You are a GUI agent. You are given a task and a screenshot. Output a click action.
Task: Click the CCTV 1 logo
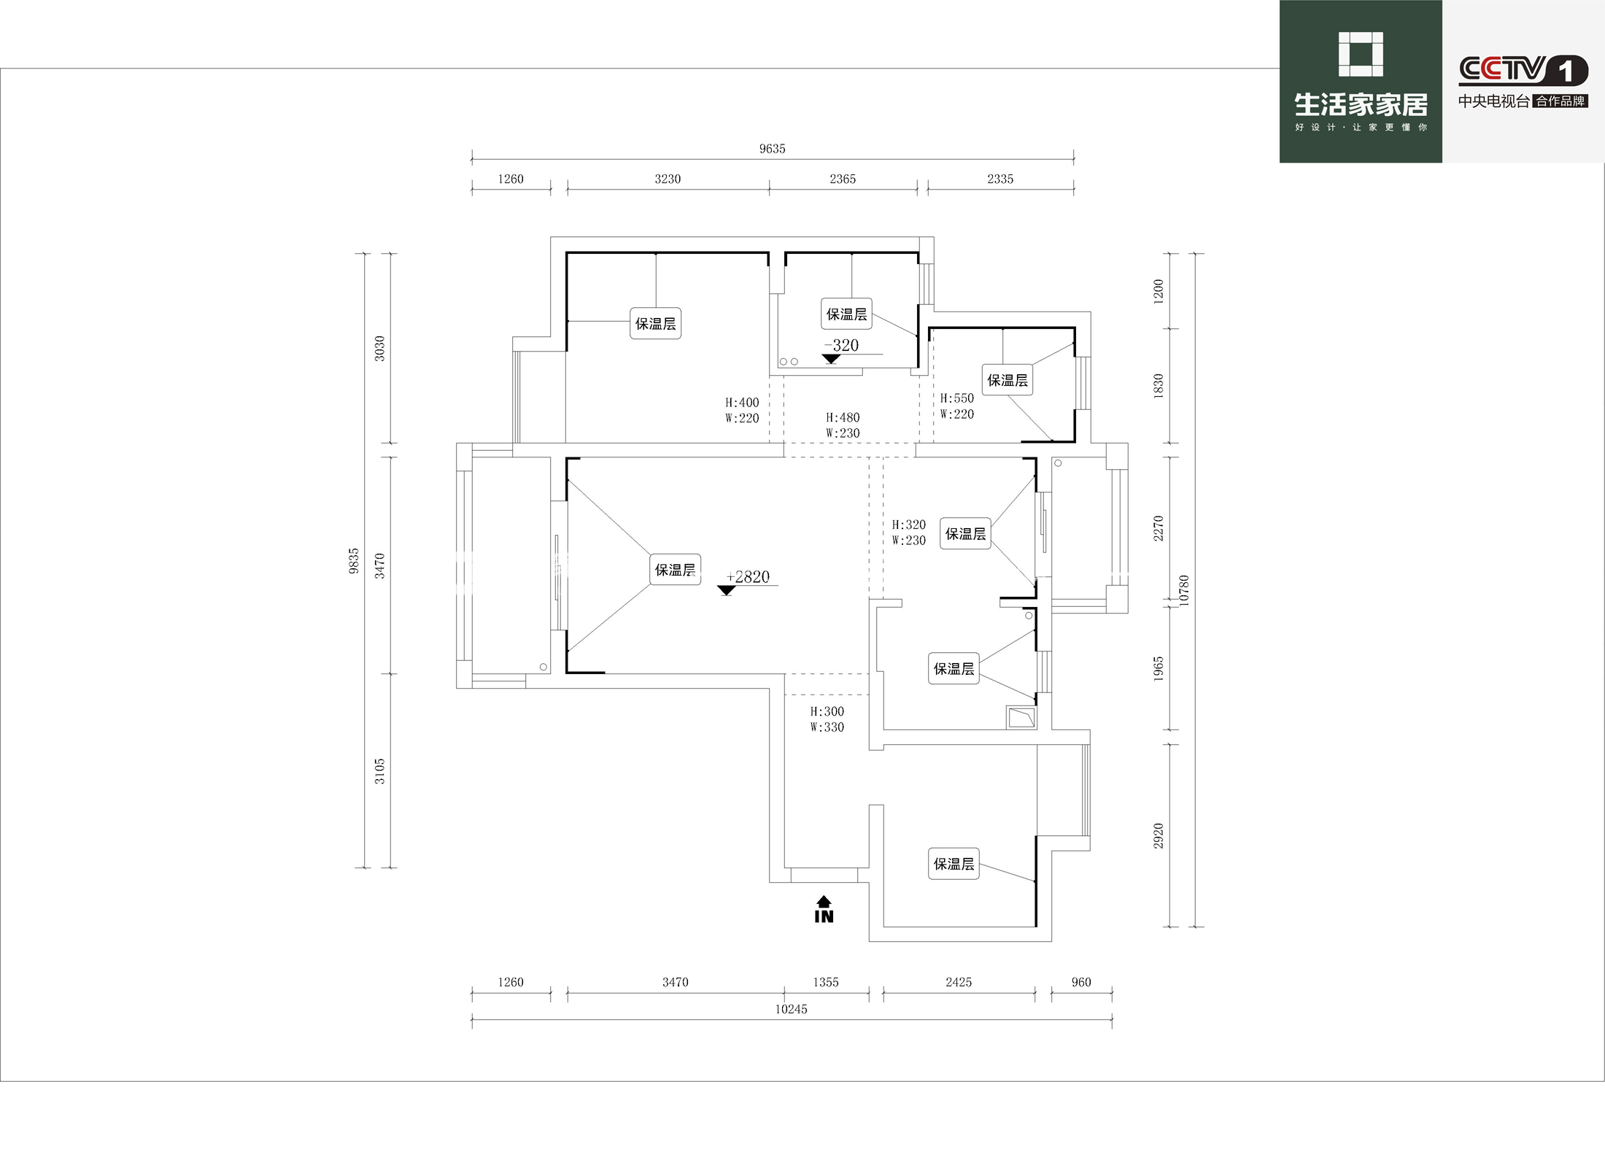pyautogui.click(x=1523, y=70)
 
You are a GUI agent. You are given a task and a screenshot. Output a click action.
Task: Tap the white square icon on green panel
pyautogui.click(x=1361, y=54)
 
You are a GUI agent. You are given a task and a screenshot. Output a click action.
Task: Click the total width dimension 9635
pyautogui.click(x=772, y=149)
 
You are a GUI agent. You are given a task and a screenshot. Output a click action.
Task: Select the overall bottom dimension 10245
pyautogui.click(x=791, y=1009)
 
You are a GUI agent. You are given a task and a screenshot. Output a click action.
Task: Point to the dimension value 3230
pyautogui.click(x=668, y=179)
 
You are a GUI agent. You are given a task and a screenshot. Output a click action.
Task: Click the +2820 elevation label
pyautogui.click(x=748, y=577)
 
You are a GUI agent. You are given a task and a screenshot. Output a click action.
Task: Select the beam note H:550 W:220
pyautogui.click(x=956, y=406)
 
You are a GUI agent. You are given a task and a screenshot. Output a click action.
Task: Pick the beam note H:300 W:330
pyautogui.click(x=827, y=719)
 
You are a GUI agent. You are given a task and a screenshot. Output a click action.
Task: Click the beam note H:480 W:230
pyautogui.click(x=843, y=425)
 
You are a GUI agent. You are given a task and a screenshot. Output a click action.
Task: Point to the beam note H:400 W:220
pyautogui.click(x=742, y=410)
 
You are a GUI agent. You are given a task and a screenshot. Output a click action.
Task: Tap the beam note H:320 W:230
pyautogui.click(x=908, y=533)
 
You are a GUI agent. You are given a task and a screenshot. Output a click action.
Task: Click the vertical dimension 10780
pyautogui.click(x=1184, y=590)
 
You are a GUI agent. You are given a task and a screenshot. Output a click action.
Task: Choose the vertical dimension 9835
pyautogui.click(x=354, y=561)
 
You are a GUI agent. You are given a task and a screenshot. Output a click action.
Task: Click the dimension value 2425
pyautogui.click(x=959, y=982)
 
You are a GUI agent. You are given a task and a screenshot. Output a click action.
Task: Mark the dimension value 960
pyautogui.click(x=1081, y=982)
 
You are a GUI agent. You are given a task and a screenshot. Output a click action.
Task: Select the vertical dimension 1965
pyautogui.click(x=1159, y=669)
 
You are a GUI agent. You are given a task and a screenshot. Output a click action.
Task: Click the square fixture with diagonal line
pyautogui.click(x=1021, y=717)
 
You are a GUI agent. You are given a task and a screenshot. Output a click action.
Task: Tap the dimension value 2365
pyautogui.click(x=843, y=179)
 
